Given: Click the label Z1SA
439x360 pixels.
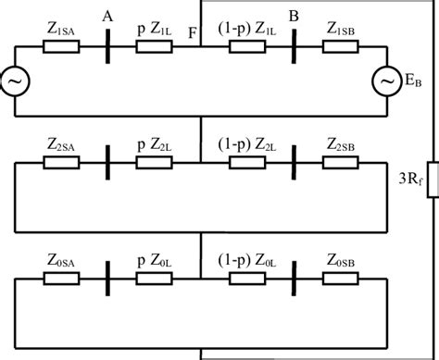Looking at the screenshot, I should click(x=62, y=29).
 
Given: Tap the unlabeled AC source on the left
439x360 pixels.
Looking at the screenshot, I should click(x=16, y=82).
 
